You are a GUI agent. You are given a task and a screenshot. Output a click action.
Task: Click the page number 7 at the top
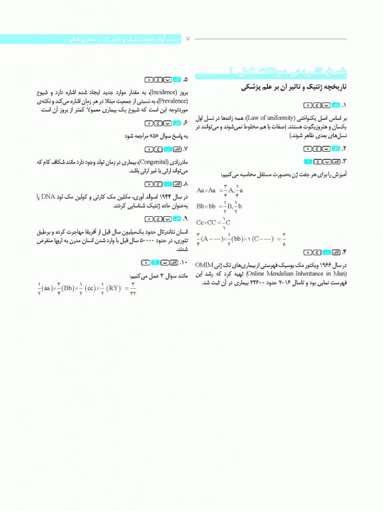pyautogui.click(x=188, y=39)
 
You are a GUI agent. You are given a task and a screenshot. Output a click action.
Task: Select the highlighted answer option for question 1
pyautogui.click(x=336, y=105)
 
